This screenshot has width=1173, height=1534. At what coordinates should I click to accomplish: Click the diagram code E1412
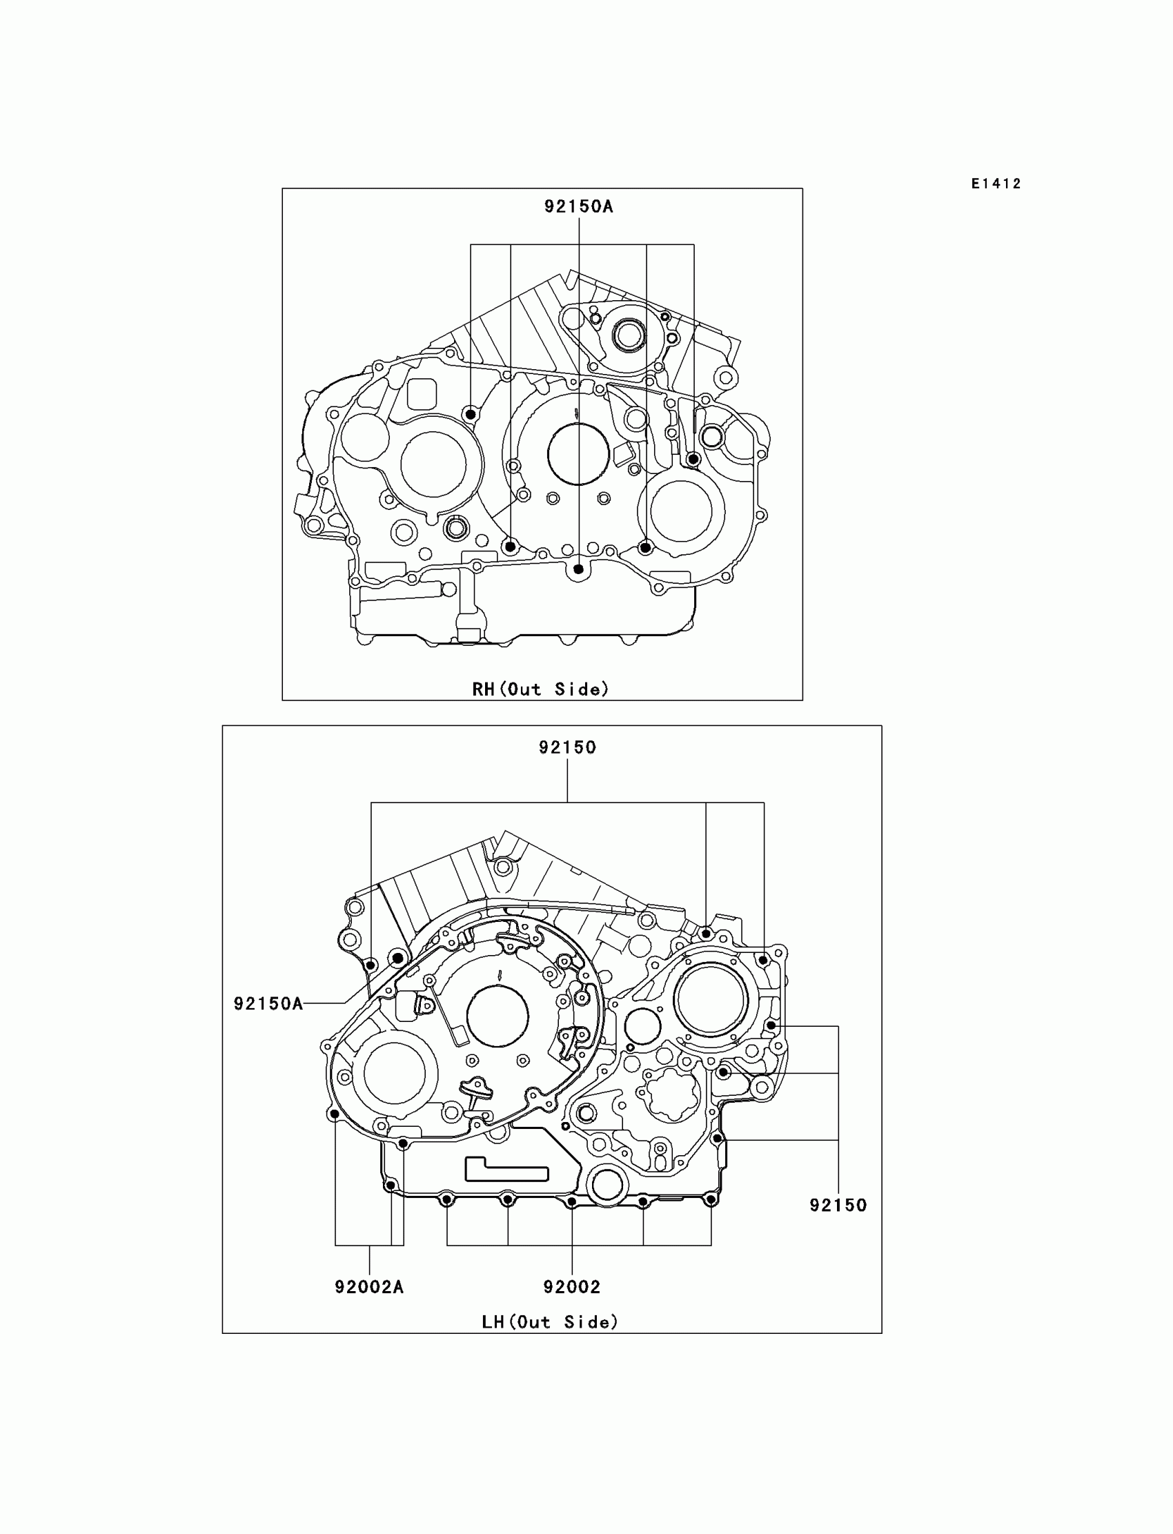[996, 184]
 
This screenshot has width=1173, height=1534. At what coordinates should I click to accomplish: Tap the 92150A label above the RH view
[579, 207]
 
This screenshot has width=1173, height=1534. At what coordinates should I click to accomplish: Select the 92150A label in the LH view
[268, 1003]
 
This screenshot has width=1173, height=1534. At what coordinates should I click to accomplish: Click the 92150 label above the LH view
[568, 748]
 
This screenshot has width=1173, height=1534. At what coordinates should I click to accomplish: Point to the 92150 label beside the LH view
[838, 1204]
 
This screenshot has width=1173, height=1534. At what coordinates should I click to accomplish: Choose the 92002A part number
[369, 1286]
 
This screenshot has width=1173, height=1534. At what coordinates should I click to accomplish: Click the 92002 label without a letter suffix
[572, 1286]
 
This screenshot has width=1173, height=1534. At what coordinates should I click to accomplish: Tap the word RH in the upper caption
[483, 690]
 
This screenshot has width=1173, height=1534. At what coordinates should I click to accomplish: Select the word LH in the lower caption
[493, 1321]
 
